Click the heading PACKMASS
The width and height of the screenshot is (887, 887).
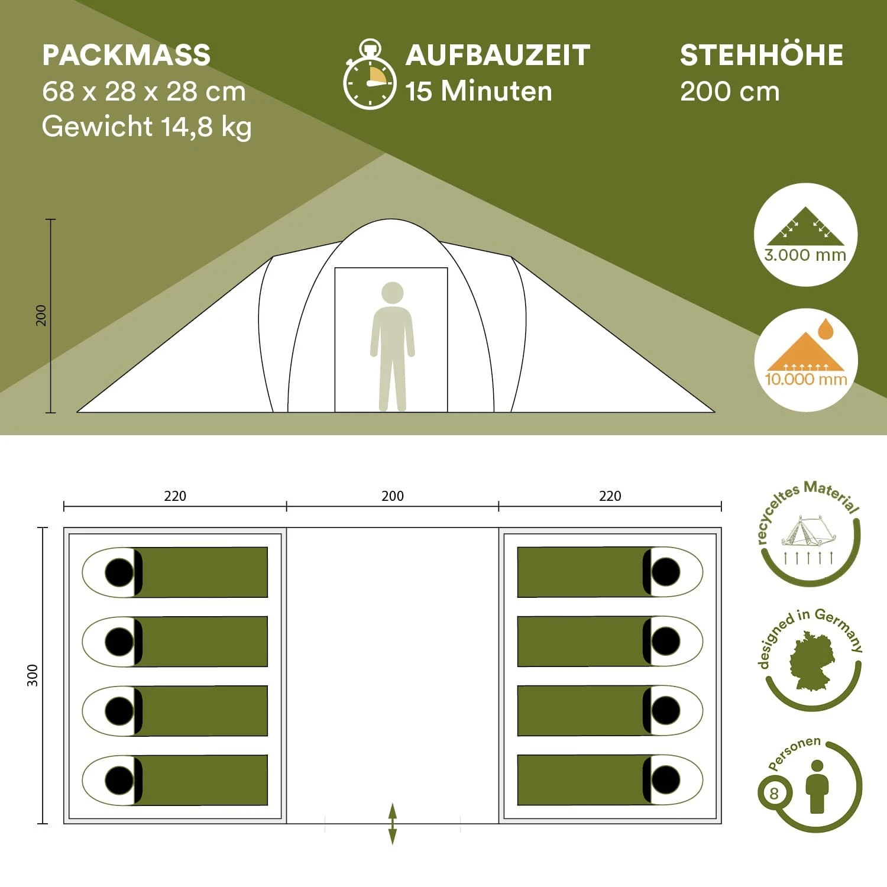126,55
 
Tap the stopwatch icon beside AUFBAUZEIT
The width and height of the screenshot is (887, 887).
370,75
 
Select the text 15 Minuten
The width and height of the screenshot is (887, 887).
478,91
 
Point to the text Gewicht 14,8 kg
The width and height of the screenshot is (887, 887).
147,127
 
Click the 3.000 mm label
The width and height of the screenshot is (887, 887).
805,255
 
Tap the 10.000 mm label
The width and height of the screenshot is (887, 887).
806,379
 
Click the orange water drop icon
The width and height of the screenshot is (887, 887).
826,329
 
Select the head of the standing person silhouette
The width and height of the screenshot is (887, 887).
393,293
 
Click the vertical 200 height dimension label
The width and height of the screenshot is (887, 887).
41,315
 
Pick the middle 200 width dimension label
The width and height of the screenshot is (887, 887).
393,496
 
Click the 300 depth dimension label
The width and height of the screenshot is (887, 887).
33,675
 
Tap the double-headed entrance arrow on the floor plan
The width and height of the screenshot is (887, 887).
393,823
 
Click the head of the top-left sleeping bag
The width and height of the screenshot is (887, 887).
119,572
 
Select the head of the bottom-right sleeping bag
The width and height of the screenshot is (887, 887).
666,779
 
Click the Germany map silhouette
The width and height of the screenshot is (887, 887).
812,660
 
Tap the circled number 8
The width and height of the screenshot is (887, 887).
773,793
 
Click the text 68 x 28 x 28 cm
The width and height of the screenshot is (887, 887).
144,92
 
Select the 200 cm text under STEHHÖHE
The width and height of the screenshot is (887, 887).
730,92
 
